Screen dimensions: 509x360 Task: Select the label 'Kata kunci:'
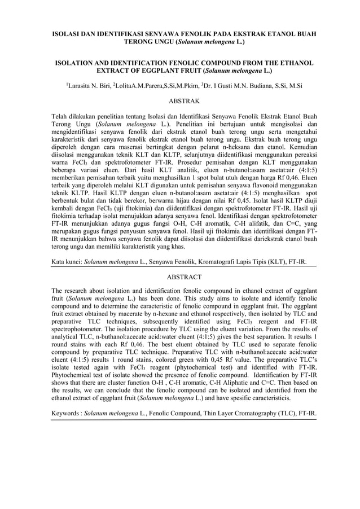[67, 262]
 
